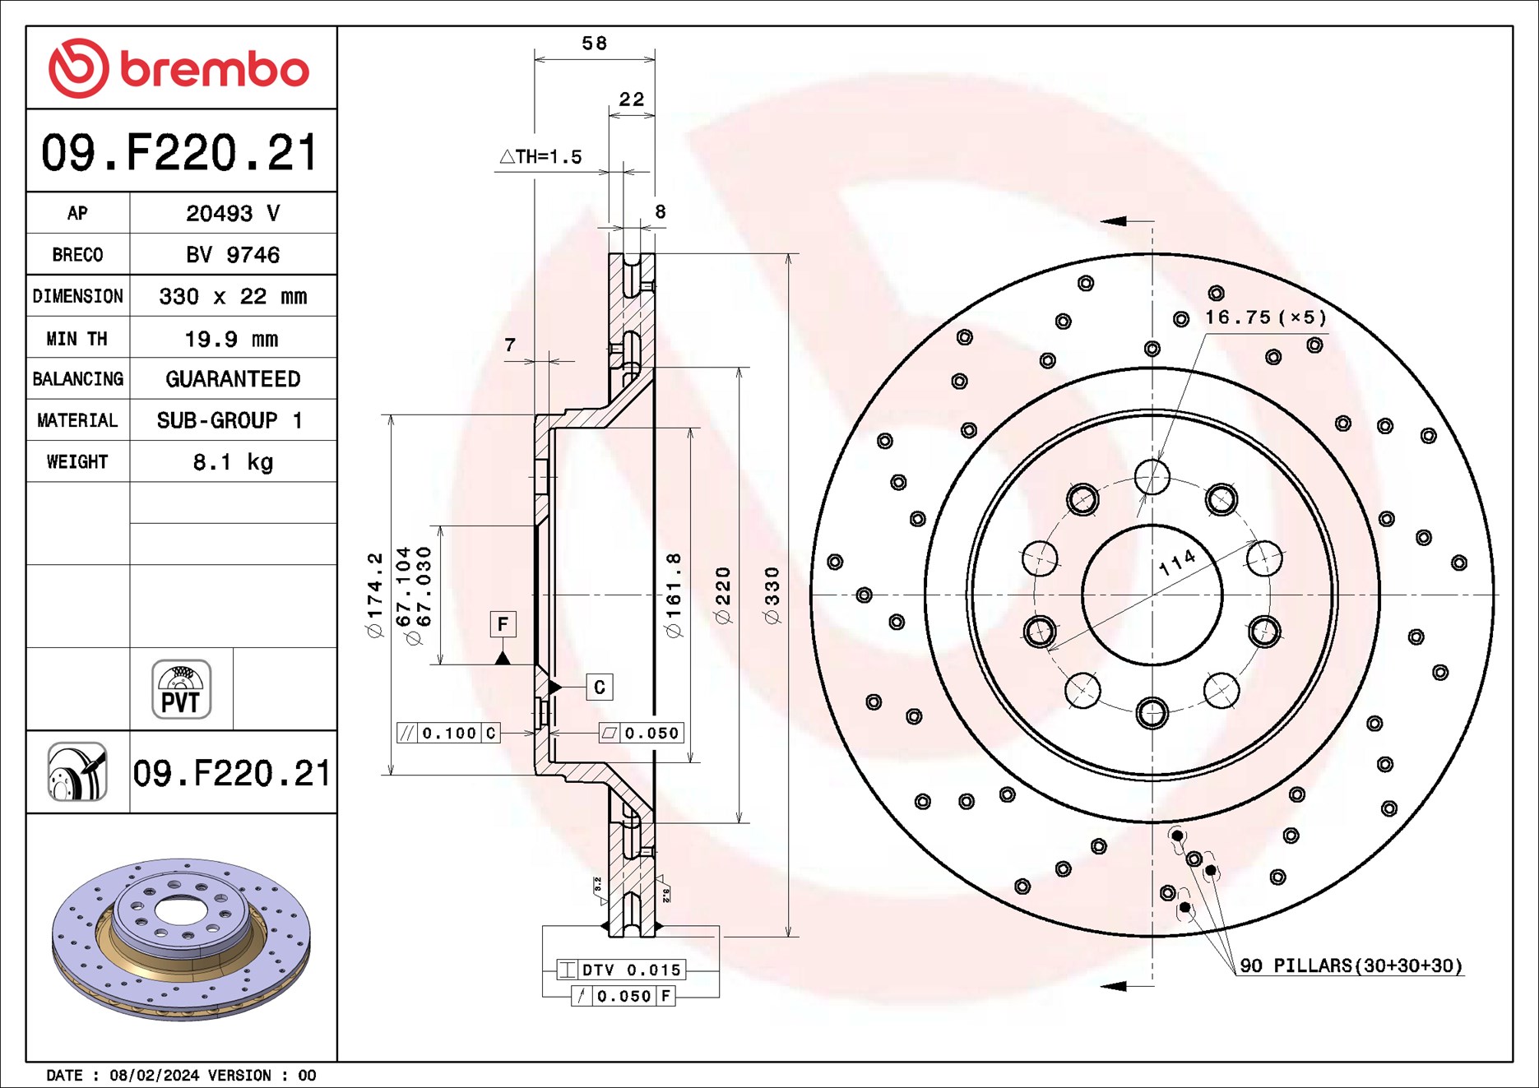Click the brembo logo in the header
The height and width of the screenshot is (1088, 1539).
(x=179, y=68)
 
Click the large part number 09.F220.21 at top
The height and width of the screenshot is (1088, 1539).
(x=179, y=153)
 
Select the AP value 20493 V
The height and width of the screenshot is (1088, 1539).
(x=233, y=214)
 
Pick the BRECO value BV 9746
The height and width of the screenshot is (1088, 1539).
(x=233, y=255)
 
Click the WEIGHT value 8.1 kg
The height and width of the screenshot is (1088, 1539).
(x=233, y=462)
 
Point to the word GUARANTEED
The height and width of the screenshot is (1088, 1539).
(x=233, y=379)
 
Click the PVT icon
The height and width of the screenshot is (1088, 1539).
(x=181, y=689)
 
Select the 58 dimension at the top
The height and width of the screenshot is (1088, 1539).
(x=594, y=43)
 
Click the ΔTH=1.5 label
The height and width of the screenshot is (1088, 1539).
(x=540, y=156)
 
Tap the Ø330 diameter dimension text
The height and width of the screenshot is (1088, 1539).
(x=772, y=595)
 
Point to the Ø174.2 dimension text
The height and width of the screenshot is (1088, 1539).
(x=375, y=595)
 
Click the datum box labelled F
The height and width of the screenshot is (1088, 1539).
(x=503, y=624)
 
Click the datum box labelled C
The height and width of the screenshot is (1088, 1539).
(x=599, y=688)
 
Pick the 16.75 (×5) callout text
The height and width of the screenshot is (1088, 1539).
(x=1265, y=317)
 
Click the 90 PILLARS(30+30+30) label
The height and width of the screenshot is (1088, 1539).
(x=1351, y=965)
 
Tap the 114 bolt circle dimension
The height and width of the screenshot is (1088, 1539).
(x=1178, y=563)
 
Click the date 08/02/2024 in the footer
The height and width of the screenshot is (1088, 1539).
(x=154, y=1076)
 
